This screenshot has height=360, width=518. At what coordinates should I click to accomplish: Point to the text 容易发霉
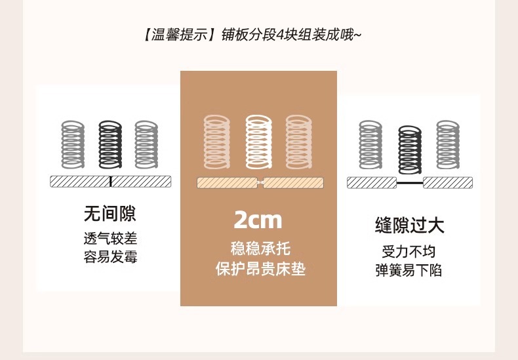pos(110,256)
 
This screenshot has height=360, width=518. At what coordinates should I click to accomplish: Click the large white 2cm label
pos(258,219)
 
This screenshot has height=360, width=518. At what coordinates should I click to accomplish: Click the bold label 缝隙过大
pos(410,226)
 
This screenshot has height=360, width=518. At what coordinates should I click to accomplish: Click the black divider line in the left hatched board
pos(110,182)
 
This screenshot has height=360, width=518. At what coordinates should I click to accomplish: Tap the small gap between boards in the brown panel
pos(260,183)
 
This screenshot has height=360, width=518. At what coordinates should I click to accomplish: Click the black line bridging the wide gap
pos(410,182)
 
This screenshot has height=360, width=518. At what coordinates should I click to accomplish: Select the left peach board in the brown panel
pos(227,183)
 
